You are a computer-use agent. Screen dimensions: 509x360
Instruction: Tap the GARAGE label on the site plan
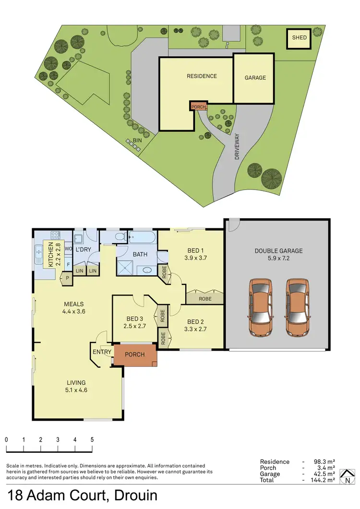coord(255,78)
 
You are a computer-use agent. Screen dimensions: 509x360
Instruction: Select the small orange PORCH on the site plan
coord(198,107)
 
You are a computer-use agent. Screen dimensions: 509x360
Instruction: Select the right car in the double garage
coord(297,307)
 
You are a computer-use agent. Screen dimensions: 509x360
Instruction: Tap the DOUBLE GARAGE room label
coord(278,250)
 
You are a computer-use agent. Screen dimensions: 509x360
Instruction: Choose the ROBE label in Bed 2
coord(205,298)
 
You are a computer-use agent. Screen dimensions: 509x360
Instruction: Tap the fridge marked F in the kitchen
coord(69,263)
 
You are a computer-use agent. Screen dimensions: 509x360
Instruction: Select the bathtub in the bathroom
coord(142,237)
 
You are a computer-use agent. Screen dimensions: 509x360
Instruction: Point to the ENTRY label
coord(101,352)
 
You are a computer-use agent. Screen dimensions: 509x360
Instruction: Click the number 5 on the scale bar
coord(92,439)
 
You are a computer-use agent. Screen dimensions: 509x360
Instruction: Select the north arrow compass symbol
coord(345,476)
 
